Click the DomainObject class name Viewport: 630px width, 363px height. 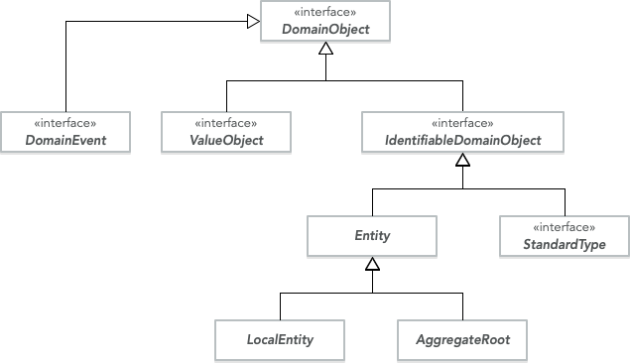tap(325, 30)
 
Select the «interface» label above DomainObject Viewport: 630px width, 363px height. tap(325, 13)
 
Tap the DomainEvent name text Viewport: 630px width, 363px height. tap(65, 141)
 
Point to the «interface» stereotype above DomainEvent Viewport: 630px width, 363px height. tap(65, 124)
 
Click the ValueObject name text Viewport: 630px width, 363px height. tap(226, 141)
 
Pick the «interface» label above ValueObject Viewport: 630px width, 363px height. tap(226, 124)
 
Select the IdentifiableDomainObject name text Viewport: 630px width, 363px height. tap(463, 141)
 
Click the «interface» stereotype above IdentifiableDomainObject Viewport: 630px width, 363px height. tap(463, 124)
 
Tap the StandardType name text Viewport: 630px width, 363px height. tap(564, 244)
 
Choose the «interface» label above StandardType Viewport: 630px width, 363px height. tap(564, 227)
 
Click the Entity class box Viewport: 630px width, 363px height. tap(372, 236)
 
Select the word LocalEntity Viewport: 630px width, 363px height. tap(280, 340)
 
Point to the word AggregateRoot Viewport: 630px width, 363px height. tap(462, 340)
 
